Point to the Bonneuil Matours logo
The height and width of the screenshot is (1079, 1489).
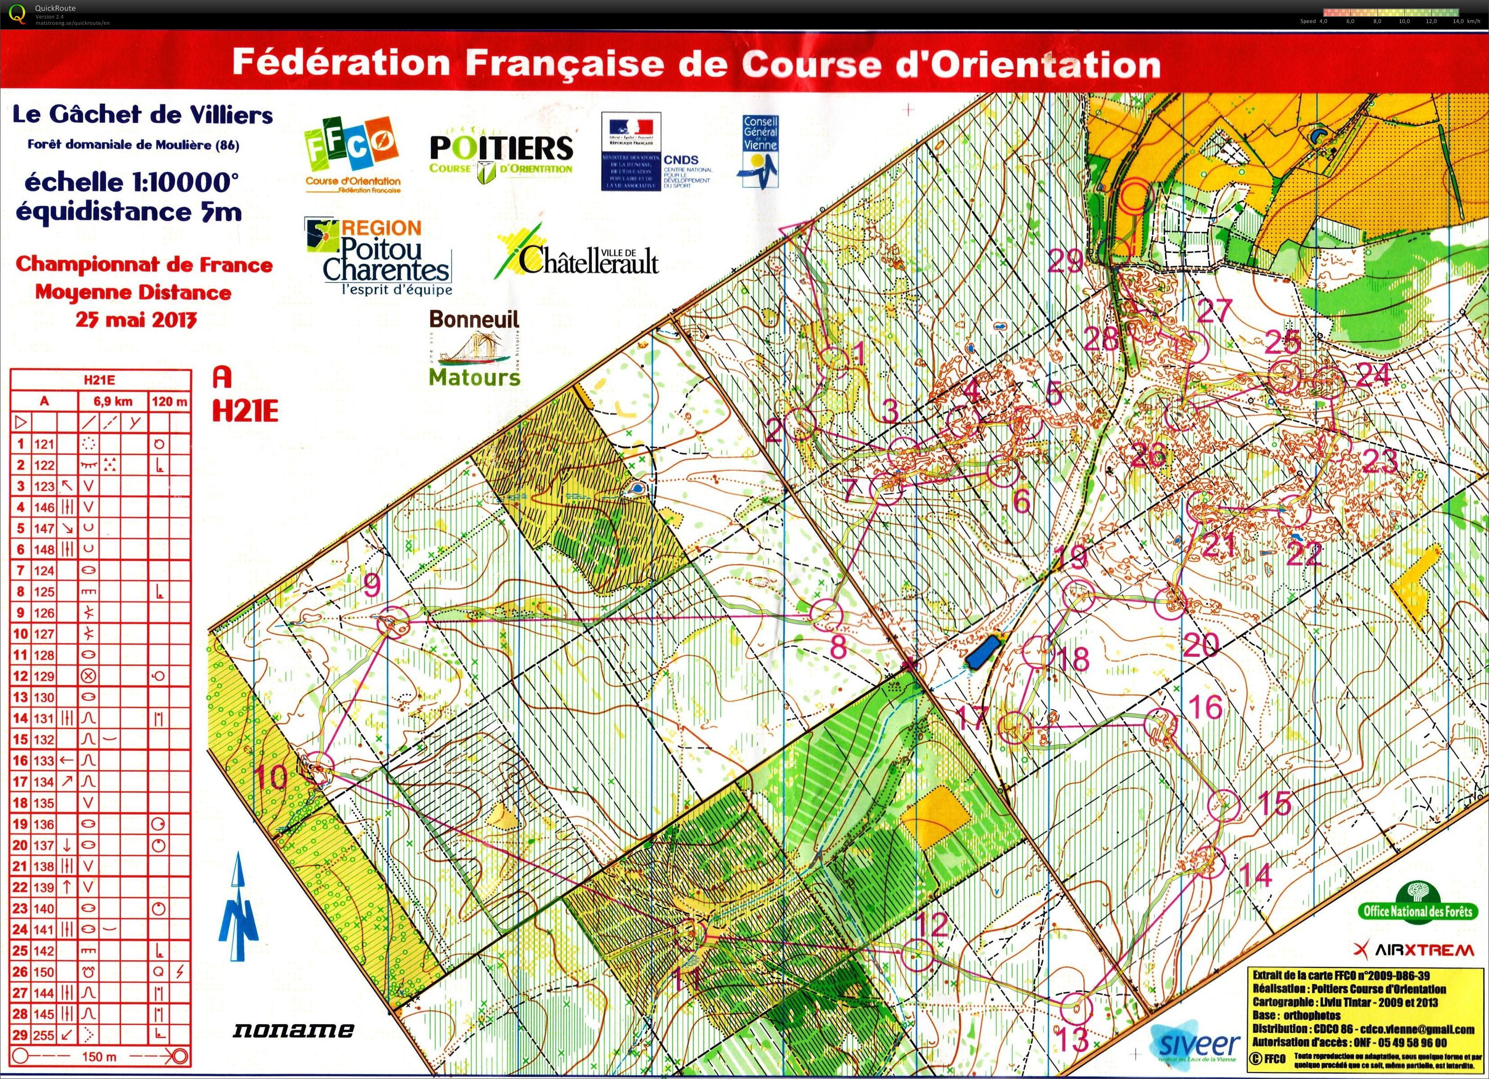pos(474,348)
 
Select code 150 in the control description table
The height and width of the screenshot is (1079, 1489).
pos(44,972)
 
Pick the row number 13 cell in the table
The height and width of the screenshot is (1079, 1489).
pos(20,697)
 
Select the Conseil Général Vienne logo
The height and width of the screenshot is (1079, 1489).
pos(760,151)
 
